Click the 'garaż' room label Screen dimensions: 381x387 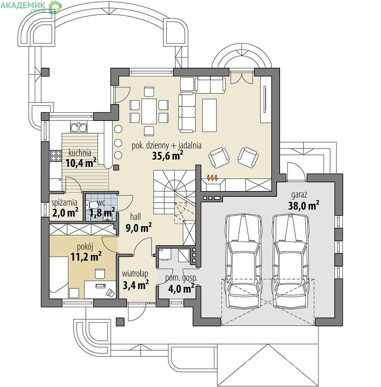click(299, 195)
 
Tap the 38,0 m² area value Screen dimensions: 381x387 click(304, 205)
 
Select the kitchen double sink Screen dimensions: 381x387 click(79, 127)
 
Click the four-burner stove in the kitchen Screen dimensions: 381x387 click(56, 156)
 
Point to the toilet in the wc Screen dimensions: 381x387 click(92, 205)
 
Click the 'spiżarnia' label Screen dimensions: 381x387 click(64, 203)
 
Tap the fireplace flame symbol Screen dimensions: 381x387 click(212, 178)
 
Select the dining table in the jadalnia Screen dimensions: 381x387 click(149, 111)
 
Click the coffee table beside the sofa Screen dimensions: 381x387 click(210, 115)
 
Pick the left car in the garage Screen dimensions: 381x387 click(243, 261)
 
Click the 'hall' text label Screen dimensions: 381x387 click(135, 217)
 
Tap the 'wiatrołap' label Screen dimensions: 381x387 click(135, 274)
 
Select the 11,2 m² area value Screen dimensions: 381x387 click(86, 256)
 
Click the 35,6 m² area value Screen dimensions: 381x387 click(168, 155)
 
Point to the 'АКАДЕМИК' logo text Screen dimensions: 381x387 click(23, 5)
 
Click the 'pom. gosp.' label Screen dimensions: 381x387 click(181, 278)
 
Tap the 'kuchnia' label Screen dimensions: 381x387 click(80, 153)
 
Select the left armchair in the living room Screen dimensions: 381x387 click(219, 157)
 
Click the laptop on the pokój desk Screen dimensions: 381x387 click(110, 293)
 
